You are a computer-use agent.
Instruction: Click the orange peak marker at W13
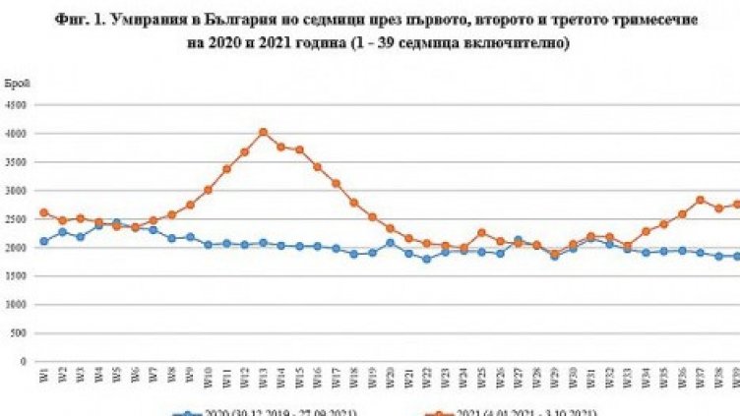coord(263,132)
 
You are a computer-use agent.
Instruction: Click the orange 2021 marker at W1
coord(43,212)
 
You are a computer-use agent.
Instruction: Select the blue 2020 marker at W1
coord(43,241)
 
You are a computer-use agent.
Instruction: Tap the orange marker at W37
coord(700,200)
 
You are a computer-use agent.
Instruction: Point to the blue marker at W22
coord(425,259)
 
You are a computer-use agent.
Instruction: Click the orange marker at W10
coord(208,190)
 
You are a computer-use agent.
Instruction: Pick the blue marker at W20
coord(391,243)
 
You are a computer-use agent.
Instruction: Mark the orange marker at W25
coord(481,233)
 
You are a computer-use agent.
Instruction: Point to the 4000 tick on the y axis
coord(21,133)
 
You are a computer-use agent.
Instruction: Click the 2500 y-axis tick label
coord(21,218)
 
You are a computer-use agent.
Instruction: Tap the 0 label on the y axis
coord(27,361)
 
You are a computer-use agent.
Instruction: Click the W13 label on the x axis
coord(263,378)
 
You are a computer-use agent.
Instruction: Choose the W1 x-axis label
coord(43,377)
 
